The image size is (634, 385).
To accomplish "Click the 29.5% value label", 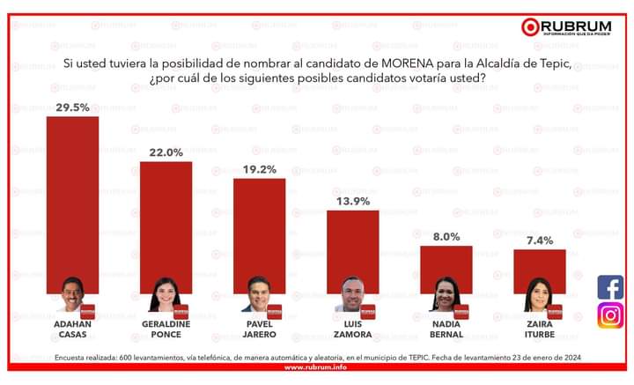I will point(72,107).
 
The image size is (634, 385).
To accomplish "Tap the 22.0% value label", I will point(166,152).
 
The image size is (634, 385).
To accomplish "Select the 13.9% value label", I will point(352,202).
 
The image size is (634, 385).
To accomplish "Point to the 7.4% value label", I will point(539,241).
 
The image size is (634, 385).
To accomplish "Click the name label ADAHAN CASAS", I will point(72,329).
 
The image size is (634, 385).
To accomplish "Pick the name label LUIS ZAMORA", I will point(352,329).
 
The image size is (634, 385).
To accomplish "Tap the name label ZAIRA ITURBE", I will point(539,329).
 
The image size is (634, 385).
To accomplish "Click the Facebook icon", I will point(610,287).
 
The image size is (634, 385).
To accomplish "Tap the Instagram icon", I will point(610,315).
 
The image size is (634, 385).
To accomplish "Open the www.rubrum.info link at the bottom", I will point(317,367).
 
